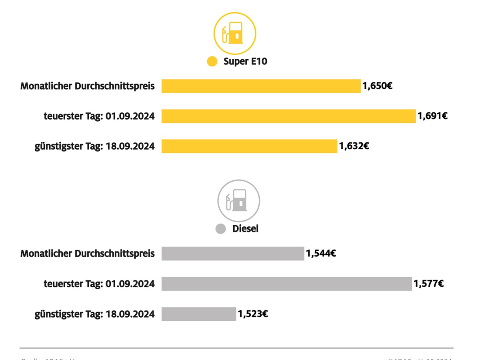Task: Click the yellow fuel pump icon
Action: [235, 34]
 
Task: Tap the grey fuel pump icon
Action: [239, 200]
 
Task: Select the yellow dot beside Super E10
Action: [212, 62]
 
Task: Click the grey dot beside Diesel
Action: [221, 229]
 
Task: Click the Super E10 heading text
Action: [245, 62]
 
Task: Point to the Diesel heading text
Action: [245, 229]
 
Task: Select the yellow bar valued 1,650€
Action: [261, 86]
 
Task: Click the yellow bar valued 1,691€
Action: [288, 116]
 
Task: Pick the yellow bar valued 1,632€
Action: [249, 146]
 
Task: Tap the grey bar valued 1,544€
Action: [233, 254]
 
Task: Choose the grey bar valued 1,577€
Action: [286, 284]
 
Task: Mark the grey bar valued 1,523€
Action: [199, 314]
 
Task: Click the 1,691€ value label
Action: [432, 116]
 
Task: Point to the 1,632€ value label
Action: [354, 146]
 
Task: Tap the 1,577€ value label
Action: [429, 284]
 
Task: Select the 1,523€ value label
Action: [253, 314]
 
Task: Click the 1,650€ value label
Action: [377, 86]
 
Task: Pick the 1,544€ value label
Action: [321, 253]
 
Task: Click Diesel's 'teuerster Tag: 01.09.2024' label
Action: [99, 284]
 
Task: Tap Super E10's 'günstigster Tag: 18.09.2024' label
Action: [94, 146]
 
